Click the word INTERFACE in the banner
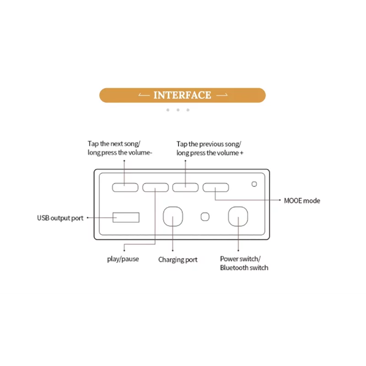[x=182, y=95]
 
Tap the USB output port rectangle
[x=126, y=217]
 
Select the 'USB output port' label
[x=60, y=218]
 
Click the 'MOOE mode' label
[x=302, y=200]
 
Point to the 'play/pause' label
[x=123, y=259]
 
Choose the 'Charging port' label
[x=178, y=259]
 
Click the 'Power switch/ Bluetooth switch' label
[x=244, y=263]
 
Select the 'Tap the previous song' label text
[x=209, y=144]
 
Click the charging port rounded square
[x=173, y=216]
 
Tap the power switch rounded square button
[x=238, y=216]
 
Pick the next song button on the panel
[x=125, y=187]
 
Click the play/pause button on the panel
[x=155, y=187]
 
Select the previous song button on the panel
[x=185, y=187]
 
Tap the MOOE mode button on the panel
[x=215, y=187]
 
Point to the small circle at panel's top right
[x=254, y=184]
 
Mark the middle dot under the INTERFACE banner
[x=178, y=110]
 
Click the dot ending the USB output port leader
[x=87, y=218]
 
